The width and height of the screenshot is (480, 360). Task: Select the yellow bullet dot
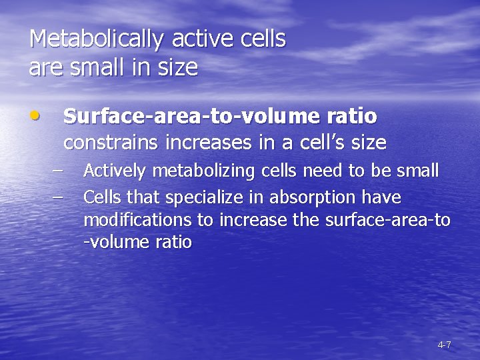pos(35,115)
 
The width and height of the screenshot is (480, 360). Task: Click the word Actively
pos(115,171)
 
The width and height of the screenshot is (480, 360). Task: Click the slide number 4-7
pos(444,345)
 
